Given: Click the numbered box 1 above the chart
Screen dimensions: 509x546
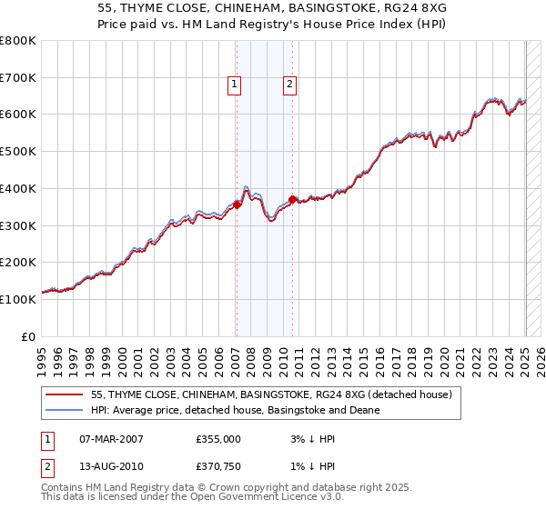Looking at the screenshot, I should coord(234,85).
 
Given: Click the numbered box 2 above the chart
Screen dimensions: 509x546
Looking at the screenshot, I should coord(289,85).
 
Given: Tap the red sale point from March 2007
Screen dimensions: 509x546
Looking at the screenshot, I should coord(237,205).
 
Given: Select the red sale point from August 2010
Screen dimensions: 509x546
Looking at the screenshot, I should coord(292,199).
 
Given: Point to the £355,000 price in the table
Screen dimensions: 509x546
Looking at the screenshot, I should coord(218,438).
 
